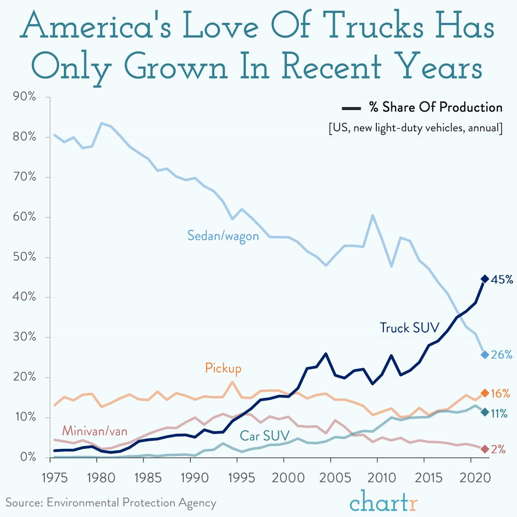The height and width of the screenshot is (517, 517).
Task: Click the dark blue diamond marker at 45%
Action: [485, 279]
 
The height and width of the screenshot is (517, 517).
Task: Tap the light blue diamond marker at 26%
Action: [485, 354]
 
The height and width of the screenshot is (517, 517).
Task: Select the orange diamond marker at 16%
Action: [485, 393]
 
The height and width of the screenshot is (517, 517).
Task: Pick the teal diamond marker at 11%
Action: [485, 412]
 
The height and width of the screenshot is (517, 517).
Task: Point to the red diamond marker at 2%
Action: [485, 449]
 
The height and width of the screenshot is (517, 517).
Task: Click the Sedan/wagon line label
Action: [223, 236]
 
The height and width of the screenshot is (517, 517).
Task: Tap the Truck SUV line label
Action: [410, 328]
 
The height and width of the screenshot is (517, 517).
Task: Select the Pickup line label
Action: [223, 368]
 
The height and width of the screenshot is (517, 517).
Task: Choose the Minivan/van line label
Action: [95, 431]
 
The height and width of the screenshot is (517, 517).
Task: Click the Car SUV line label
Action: [265, 436]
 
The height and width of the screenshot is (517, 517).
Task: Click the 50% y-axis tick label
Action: [25, 257]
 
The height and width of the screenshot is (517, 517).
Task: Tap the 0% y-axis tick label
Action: [28, 457]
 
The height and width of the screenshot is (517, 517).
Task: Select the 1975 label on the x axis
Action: [55, 477]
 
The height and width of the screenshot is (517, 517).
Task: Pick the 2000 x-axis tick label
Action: [288, 477]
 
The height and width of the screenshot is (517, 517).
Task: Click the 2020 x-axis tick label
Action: [475, 477]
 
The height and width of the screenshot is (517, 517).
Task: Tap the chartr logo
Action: [384, 501]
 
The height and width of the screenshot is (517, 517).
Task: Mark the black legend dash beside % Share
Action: [351, 108]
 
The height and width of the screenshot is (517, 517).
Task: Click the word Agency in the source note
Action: [197, 503]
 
